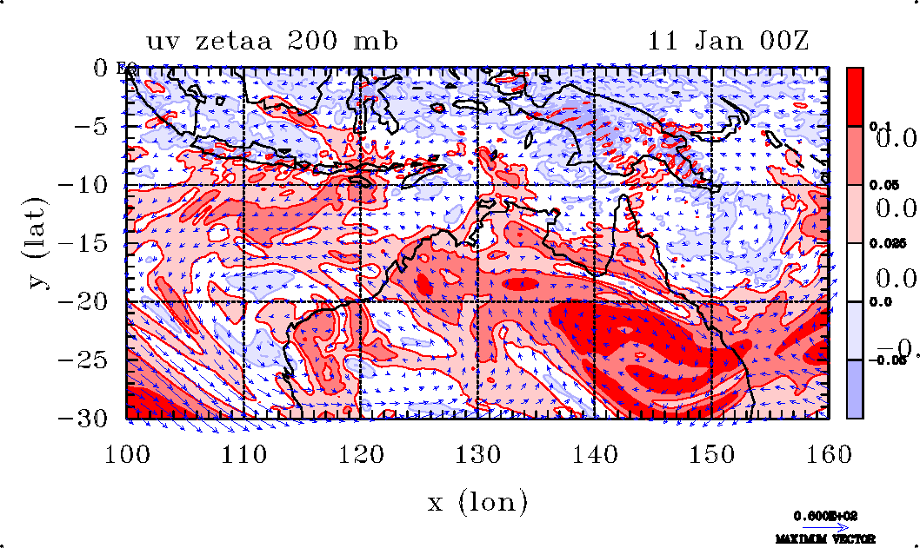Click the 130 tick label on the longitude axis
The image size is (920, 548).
click(477, 452)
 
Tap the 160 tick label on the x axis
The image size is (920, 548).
click(829, 452)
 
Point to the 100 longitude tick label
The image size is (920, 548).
click(127, 452)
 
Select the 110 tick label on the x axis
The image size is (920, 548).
click(243, 452)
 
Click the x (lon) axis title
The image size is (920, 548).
click(477, 502)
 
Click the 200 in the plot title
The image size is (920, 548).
click(322, 41)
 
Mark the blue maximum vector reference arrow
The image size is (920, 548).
click(822, 526)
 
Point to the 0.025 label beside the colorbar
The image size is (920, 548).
click(883, 244)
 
